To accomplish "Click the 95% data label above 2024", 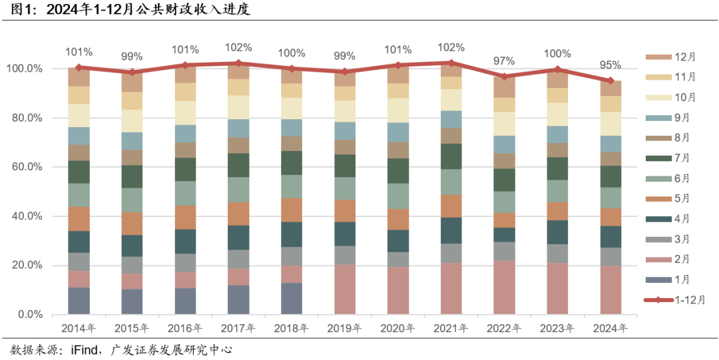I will (610, 65).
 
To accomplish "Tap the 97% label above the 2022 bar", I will (504, 61).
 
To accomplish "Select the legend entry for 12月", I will (670, 57).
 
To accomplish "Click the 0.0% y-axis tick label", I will (29, 315).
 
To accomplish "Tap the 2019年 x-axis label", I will (344, 328).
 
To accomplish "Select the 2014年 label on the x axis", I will (79, 328).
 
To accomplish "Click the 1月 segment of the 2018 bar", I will (292, 298).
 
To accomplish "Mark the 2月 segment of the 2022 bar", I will (505, 287).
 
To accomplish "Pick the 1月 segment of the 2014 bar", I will (79, 300).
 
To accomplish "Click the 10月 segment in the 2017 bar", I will (238, 107).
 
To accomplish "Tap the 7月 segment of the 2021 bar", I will (451, 156).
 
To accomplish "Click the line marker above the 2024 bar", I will (610, 81).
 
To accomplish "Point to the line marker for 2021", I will (451, 63).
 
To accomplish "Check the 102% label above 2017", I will (238, 47).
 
